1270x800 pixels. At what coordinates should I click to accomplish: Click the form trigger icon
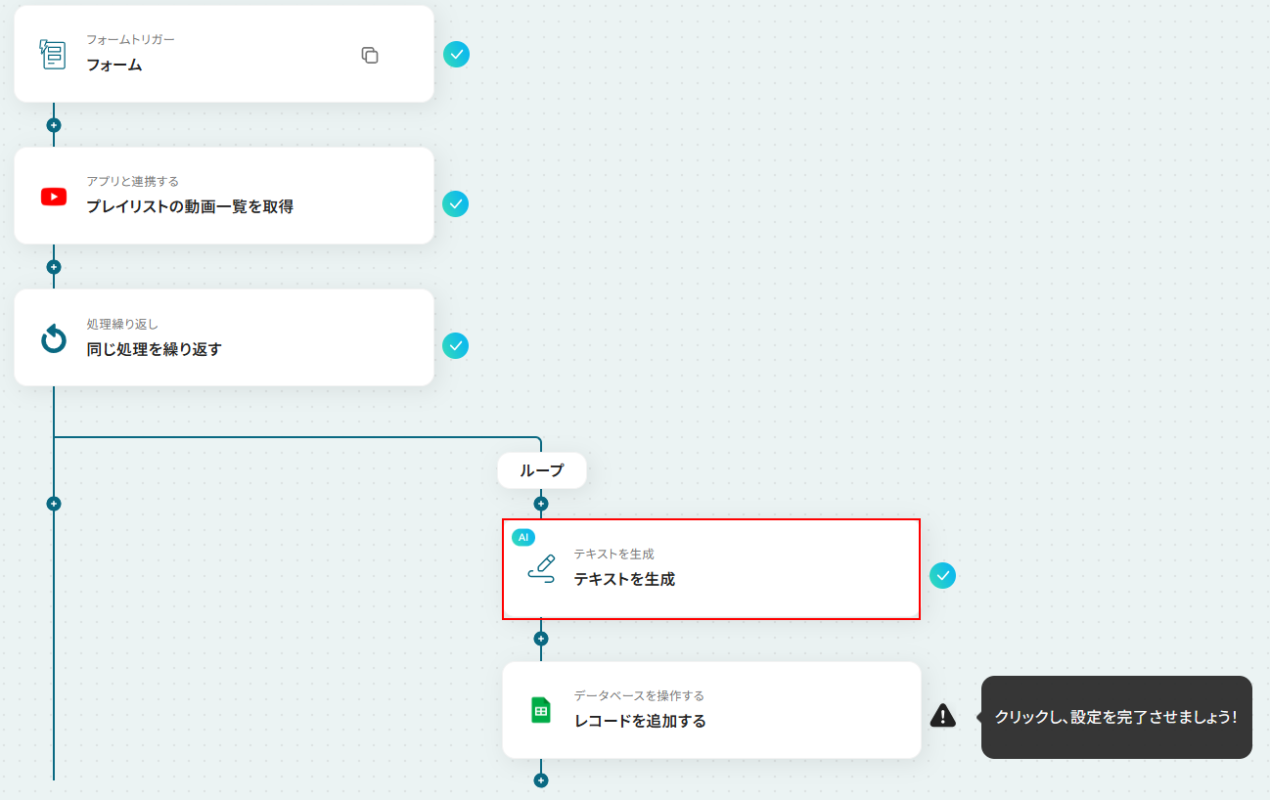click(53, 55)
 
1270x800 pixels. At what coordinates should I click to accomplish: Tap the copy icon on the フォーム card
click(370, 55)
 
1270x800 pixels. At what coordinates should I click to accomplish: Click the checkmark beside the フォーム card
click(456, 55)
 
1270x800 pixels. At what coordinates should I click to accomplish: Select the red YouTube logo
click(54, 197)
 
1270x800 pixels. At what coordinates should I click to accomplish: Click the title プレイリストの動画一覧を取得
click(190, 206)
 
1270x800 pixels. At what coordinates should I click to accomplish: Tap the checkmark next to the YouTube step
click(455, 204)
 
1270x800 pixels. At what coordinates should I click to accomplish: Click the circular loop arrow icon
click(54, 338)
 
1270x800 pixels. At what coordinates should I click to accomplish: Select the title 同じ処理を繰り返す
click(155, 349)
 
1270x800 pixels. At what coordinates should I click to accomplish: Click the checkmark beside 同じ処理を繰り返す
click(455, 345)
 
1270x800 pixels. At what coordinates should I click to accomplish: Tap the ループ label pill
click(542, 470)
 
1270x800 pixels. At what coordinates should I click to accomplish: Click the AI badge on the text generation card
click(523, 537)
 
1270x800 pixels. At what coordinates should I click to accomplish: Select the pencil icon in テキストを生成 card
click(541, 569)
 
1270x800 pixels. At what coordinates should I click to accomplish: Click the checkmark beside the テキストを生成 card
click(942, 576)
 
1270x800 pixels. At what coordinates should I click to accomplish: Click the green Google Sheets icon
click(541, 710)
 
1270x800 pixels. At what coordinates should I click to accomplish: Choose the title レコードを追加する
click(640, 721)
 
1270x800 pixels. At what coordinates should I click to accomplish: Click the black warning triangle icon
click(943, 716)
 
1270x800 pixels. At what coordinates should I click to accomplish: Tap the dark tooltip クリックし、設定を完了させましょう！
click(1116, 717)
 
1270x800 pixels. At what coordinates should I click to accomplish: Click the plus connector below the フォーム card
click(54, 125)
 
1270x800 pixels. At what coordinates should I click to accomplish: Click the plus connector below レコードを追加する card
click(541, 780)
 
